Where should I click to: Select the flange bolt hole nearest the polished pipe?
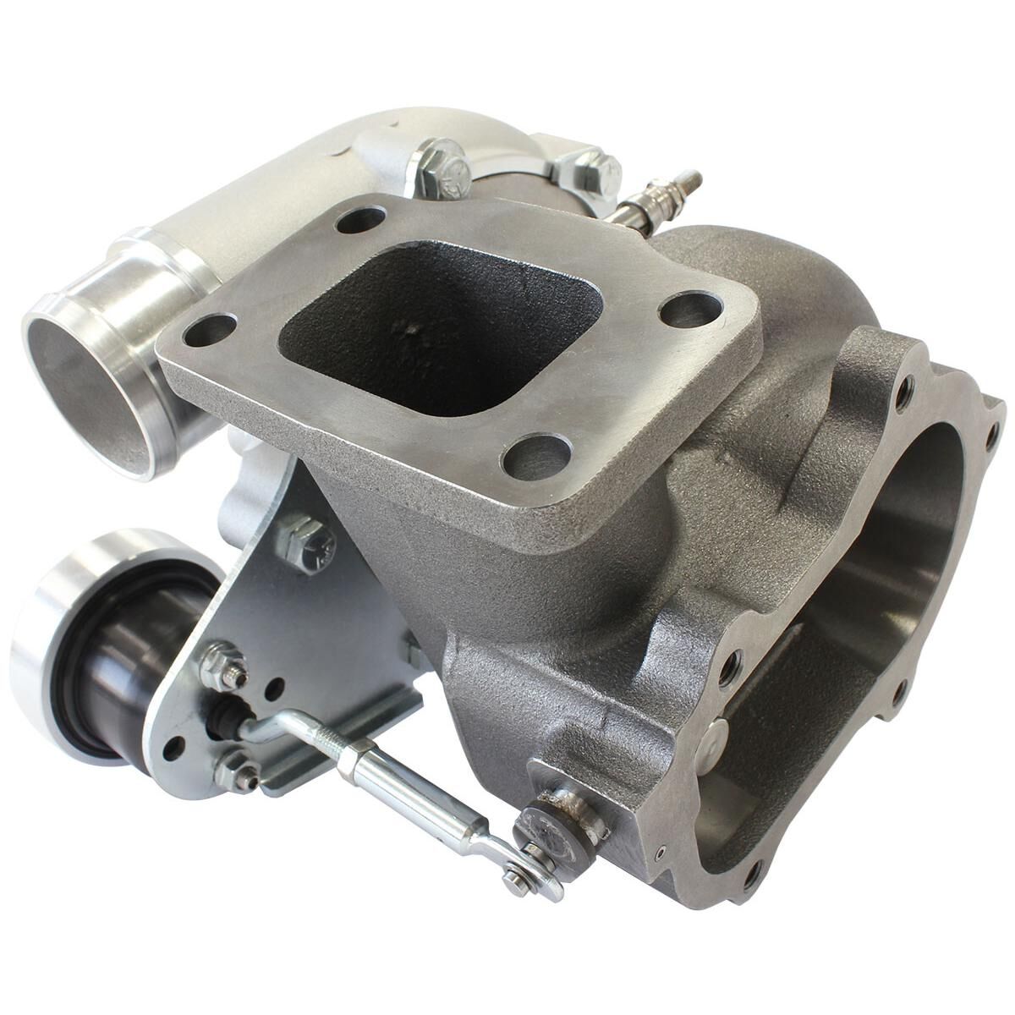pyautogui.click(x=209, y=329)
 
